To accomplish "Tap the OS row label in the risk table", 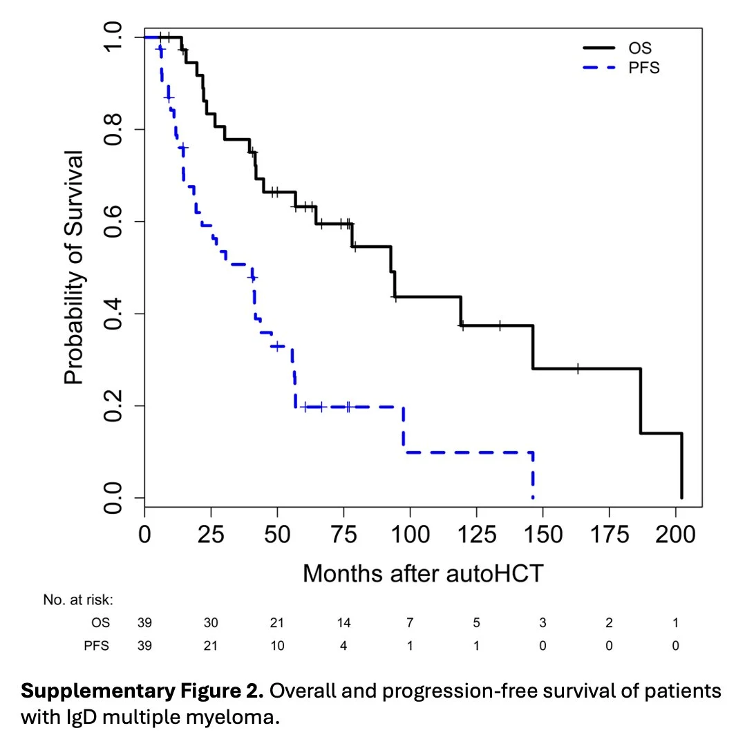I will pyautogui.click(x=100, y=623).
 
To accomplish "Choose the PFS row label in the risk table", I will pyautogui.click(x=97, y=646).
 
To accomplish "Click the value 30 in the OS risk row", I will pyautogui.click(x=211, y=623).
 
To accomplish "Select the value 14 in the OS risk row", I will pyautogui.click(x=343, y=623).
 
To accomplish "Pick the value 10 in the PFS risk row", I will pyautogui.click(x=277, y=646).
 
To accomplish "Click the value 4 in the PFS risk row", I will pyautogui.click(x=343, y=646).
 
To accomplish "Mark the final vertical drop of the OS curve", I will pyautogui.click(x=681, y=466).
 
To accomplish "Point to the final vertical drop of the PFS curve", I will pyautogui.click(x=533, y=475).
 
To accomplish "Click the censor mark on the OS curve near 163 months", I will pyautogui.click(x=577, y=368).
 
